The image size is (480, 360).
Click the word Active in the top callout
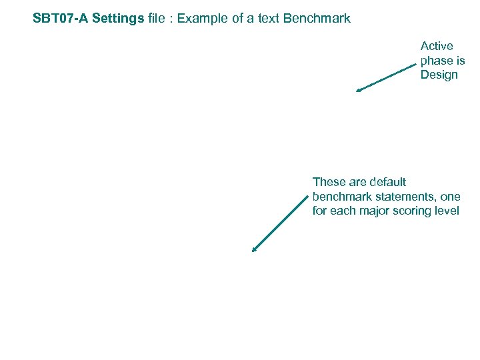(x=437, y=46)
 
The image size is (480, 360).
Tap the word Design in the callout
(x=439, y=75)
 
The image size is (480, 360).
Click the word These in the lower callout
(x=329, y=182)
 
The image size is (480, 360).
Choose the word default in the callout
(x=387, y=182)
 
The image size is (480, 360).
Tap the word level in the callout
(x=448, y=211)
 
